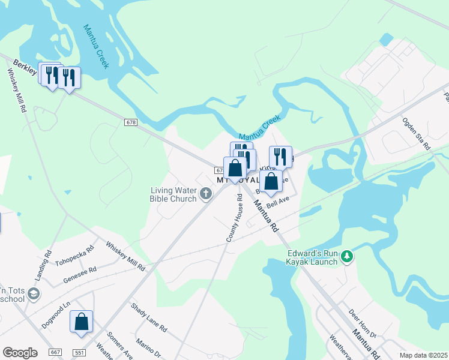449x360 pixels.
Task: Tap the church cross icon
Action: click(206, 193)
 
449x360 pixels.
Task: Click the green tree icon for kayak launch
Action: click(346, 257)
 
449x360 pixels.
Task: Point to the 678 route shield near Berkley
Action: click(131, 122)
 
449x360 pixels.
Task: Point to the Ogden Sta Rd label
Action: click(417, 133)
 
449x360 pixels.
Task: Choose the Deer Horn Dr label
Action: click(362, 323)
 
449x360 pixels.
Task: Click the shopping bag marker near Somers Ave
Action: click(81, 322)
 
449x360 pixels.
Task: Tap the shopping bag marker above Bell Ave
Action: click(271, 181)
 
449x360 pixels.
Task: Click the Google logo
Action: click(20, 352)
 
